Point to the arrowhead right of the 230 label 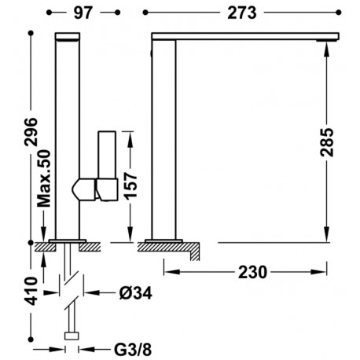325,271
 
